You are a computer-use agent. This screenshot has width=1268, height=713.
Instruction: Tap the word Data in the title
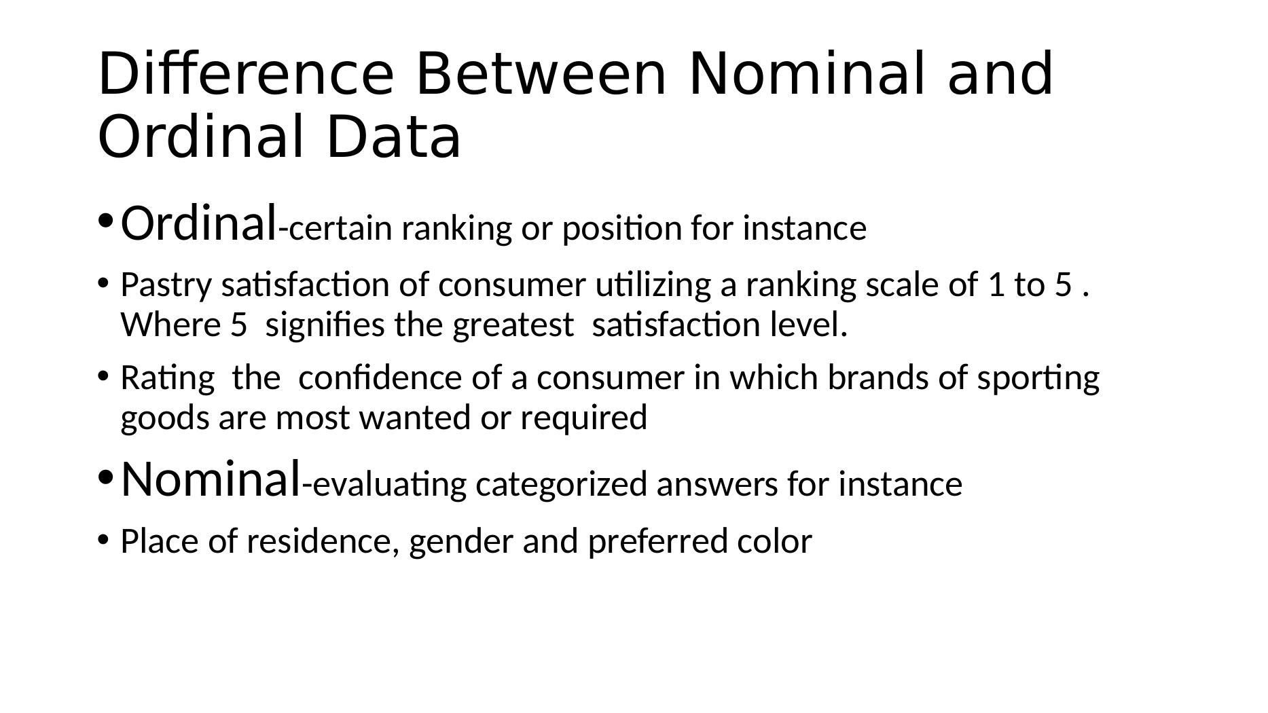(x=394, y=136)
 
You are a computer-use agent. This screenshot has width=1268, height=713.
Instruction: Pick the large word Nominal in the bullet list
(x=211, y=479)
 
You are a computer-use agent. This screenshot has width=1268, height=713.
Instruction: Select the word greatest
(x=513, y=326)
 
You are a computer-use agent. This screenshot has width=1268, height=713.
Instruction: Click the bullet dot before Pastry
(x=103, y=282)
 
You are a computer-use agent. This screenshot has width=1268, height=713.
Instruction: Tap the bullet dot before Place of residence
(x=103, y=539)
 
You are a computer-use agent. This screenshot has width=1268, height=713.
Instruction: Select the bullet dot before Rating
(x=103, y=375)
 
